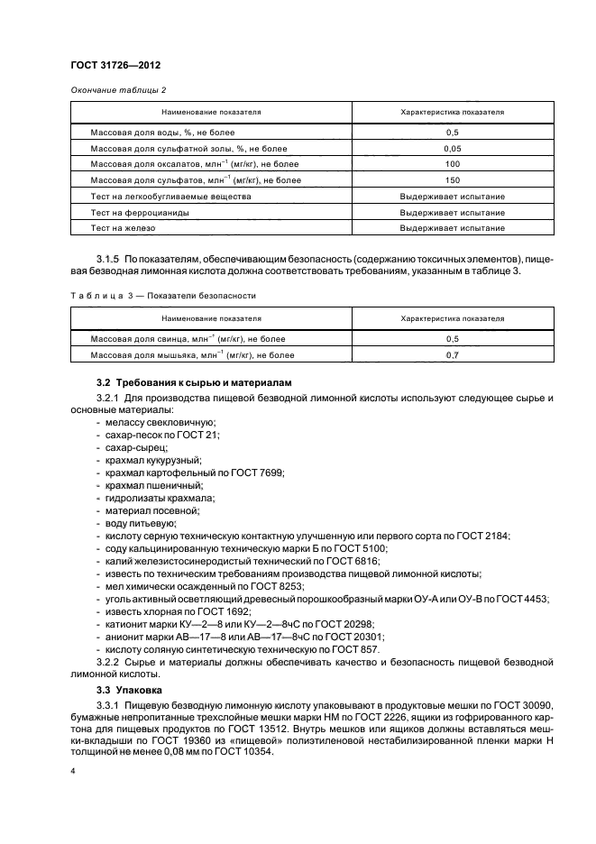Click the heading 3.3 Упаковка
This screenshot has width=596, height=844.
pos(129,690)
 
